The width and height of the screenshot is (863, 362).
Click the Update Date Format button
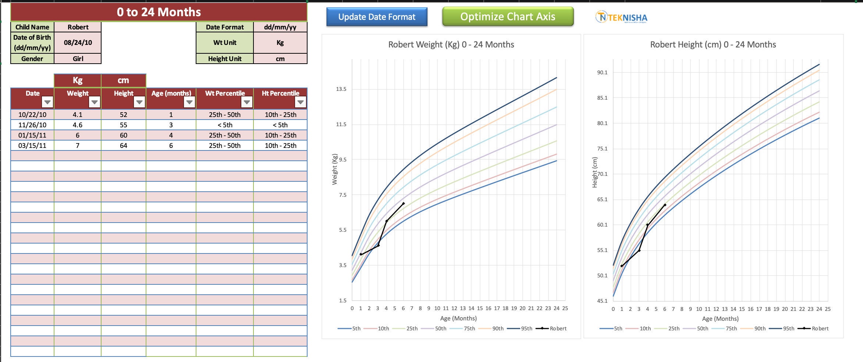(377, 17)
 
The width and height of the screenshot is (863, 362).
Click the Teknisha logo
(621, 17)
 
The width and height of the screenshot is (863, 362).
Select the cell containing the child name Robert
(78, 27)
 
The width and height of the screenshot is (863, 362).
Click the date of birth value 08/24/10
(78, 43)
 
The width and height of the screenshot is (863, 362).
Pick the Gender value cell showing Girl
(78, 58)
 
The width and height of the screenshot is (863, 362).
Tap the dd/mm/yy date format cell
(280, 27)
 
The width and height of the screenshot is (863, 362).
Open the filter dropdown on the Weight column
(95, 102)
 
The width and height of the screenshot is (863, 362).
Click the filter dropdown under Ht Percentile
(301, 102)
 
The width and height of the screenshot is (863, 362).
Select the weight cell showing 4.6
(78, 125)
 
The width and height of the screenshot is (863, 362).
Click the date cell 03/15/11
(32, 146)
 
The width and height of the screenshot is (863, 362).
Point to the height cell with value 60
(123, 135)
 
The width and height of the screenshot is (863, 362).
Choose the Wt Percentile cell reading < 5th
(225, 125)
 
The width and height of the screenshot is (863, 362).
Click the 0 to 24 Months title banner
(159, 12)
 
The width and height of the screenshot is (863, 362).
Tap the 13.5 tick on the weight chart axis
(341, 89)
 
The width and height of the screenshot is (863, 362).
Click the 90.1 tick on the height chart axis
(602, 72)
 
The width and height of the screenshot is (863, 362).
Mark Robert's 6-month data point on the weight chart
(404, 203)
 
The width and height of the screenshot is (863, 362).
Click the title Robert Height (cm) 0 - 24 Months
(713, 45)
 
